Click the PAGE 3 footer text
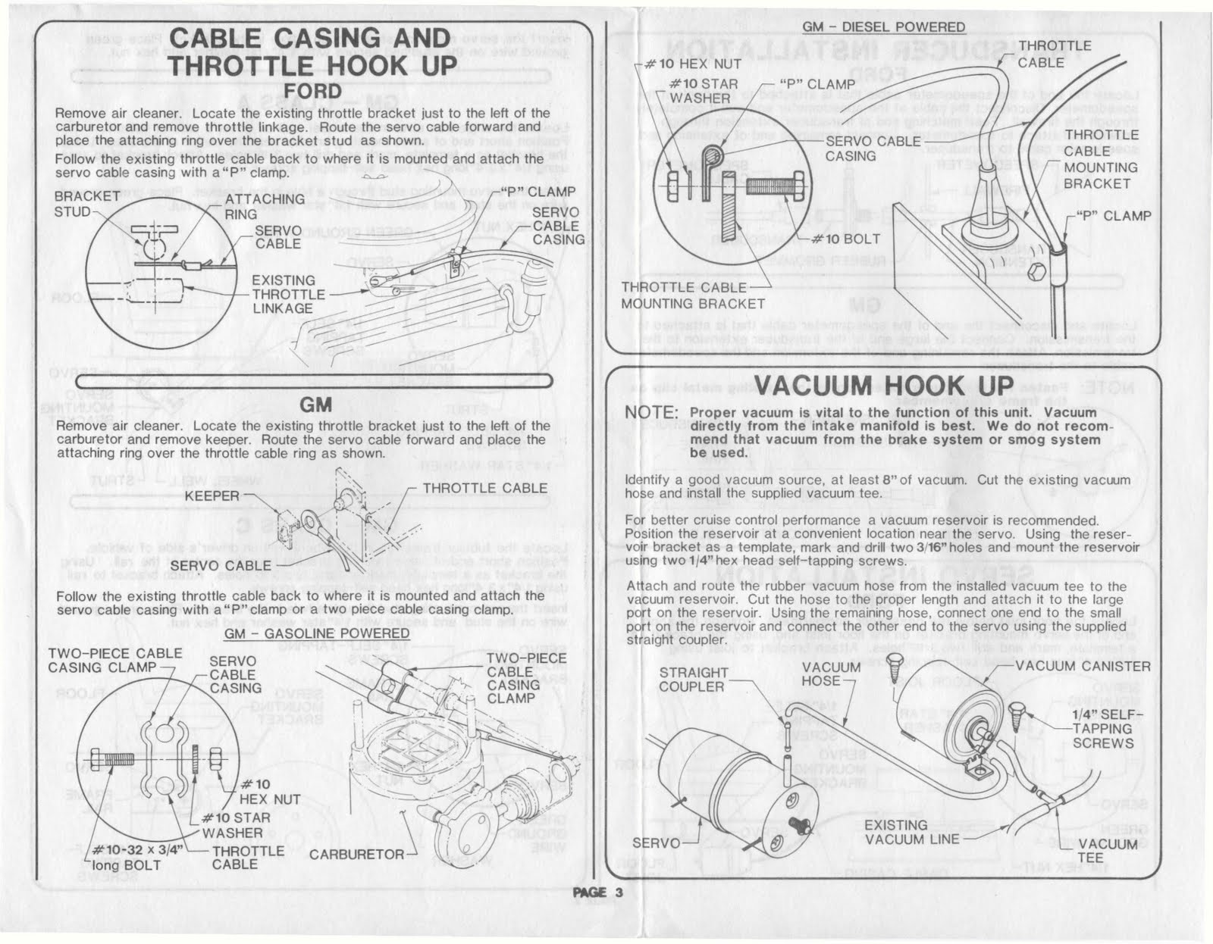[x=598, y=892]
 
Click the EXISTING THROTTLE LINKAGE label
[x=288, y=294]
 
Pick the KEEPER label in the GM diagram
[x=212, y=496]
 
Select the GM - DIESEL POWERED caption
[x=883, y=27]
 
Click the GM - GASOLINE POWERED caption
[x=317, y=633]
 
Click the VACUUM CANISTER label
[x=1082, y=666]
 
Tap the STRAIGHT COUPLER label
[x=693, y=680]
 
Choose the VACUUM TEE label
[x=1107, y=851]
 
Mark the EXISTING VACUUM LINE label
[x=907, y=831]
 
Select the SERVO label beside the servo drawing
[x=657, y=842]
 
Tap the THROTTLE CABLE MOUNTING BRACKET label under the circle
[x=692, y=295]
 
